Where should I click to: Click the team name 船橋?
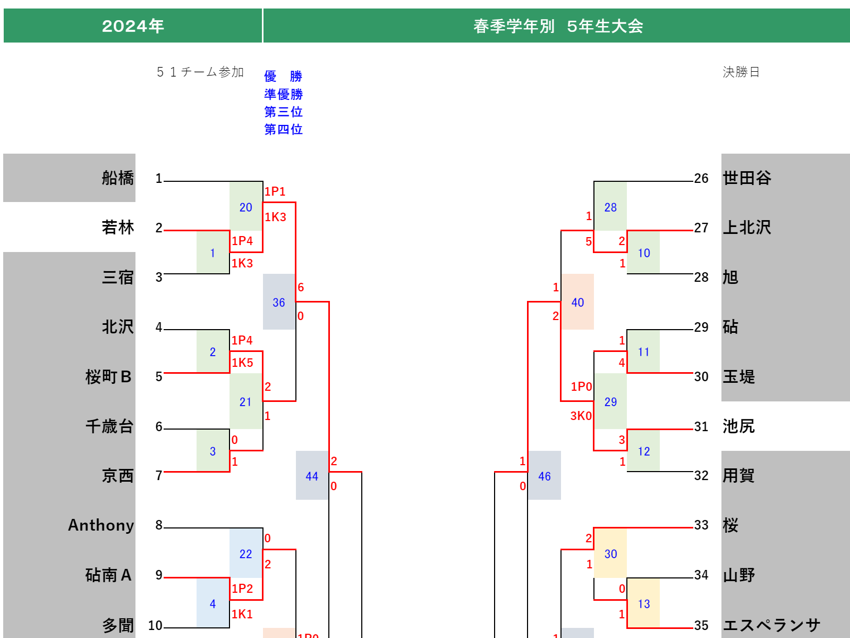117,178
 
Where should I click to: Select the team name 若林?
117,228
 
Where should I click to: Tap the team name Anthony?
101,525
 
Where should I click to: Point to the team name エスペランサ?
771,625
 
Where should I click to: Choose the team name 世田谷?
746,178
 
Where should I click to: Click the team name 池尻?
738,426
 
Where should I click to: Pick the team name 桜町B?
108,377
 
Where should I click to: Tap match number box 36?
279,302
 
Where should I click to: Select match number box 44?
312,476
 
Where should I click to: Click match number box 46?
544,476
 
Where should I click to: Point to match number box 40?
577,302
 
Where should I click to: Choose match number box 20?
245,207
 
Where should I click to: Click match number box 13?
643,603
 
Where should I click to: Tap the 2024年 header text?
133,26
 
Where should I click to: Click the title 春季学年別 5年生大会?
558,26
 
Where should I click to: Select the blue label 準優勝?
283,94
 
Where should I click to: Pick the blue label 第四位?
283,129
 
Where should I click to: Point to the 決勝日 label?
741,72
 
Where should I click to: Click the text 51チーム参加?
200,72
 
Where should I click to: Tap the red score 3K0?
581,416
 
